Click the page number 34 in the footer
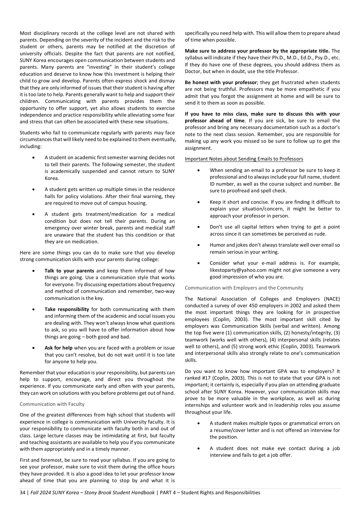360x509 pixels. pos(22,493)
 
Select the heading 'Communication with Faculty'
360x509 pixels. pos(52,404)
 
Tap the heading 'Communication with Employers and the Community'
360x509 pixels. pos(244,288)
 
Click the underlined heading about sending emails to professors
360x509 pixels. pos(244,159)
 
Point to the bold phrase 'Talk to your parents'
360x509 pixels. pos(69,271)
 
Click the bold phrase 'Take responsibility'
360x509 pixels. pos(67,309)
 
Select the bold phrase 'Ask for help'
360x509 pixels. pos(58,348)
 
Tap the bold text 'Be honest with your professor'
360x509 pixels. pos(221,82)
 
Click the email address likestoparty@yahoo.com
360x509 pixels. pos(238,270)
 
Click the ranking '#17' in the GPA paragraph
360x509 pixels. pos(206,378)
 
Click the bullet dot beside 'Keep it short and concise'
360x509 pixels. pos(199,202)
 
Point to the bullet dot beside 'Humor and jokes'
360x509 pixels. pos(199,245)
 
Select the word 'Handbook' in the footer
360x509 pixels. pos(143,493)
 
